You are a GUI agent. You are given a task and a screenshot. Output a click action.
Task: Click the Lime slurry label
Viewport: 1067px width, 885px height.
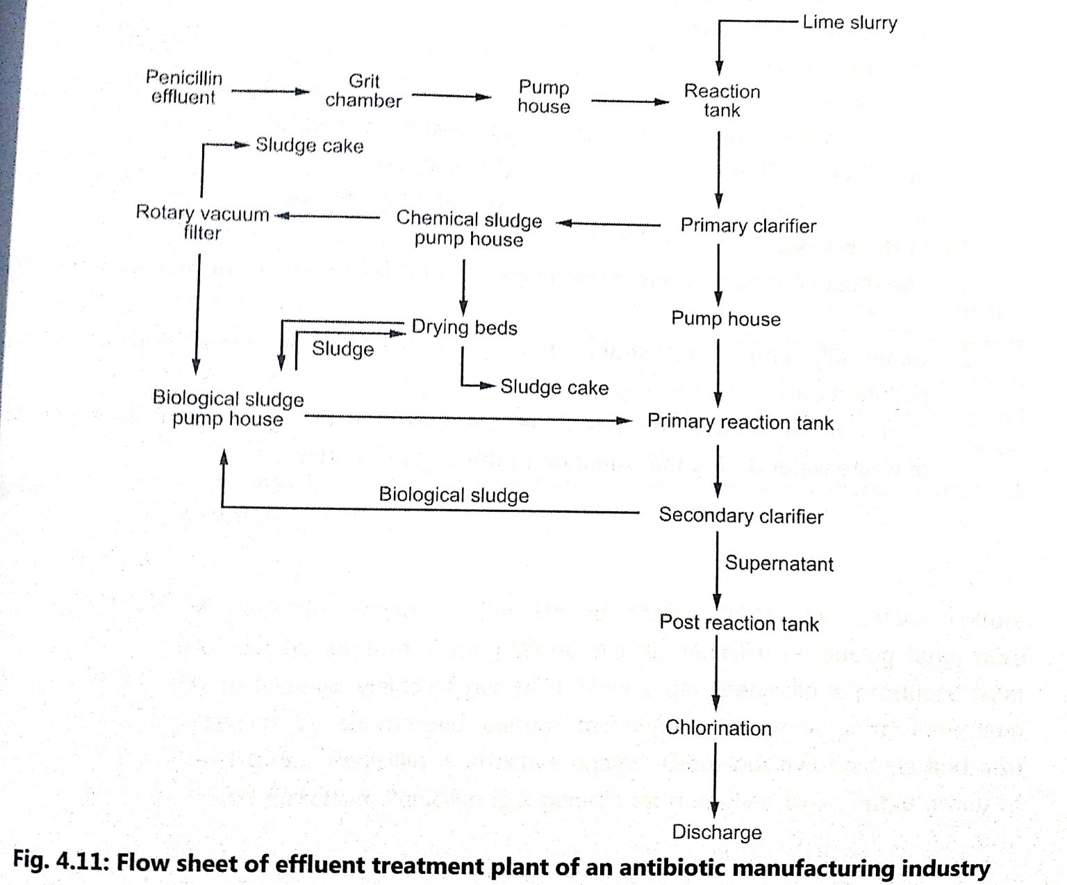[849, 22]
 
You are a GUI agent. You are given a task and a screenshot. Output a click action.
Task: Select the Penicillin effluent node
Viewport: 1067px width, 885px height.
[184, 88]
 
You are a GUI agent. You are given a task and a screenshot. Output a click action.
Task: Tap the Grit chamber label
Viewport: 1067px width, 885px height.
[363, 91]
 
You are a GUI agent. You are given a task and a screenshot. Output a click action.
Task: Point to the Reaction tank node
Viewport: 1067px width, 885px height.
[722, 101]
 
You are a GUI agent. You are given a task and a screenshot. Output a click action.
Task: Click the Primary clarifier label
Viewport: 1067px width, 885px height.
[747, 226]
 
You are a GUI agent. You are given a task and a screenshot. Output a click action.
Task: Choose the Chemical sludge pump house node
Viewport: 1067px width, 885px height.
[469, 229]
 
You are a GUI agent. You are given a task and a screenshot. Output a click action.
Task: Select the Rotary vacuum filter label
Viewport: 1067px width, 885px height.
[202, 222]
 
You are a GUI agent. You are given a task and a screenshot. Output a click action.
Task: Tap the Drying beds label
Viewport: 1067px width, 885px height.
[464, 327]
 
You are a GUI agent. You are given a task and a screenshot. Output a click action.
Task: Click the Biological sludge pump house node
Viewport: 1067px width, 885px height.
[228, 408]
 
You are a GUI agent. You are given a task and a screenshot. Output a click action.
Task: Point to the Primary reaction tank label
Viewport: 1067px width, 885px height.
[740, 422]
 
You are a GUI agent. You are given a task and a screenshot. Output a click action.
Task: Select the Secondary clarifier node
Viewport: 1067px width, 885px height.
[741, 515]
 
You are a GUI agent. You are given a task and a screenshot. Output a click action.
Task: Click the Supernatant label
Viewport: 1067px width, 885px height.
[779, 563]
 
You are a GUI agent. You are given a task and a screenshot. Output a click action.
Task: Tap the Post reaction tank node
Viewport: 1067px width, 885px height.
[738, 623]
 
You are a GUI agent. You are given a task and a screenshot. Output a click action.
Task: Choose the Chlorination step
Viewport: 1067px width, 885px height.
[718, 728]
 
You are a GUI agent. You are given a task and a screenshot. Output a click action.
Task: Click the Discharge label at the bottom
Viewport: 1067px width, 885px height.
[716, 832]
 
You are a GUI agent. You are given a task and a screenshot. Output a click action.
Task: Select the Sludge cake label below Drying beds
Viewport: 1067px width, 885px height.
[554, 387]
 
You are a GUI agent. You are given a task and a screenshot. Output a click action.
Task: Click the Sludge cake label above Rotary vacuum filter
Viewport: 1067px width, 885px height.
[309, 146]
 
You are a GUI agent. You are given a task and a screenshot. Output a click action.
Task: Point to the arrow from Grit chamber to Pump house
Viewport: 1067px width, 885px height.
[452, 96]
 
